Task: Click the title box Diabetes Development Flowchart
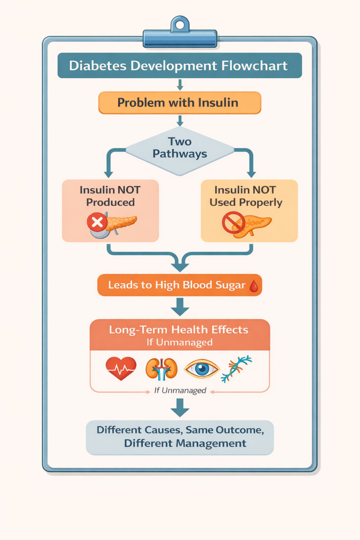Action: pyautogui.click(x=179, y=66)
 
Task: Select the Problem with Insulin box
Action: pyautogui.click(x=179, y=102)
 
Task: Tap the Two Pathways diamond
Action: pyautogui.click(x=180, y=148)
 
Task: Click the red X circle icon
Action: pyautogui.click(x=97, y=223)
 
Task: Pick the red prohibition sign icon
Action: pyautogui.click(x=233, y=223)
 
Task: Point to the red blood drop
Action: pyautogui.click(x=254, y=286)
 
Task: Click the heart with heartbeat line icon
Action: pyautogui.click(x=121, y=368)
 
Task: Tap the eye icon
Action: pyautogui.click(x=201, y=369)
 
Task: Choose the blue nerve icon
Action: pyautogui.click(x=236, y=369)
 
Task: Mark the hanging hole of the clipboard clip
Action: pyautogui.click(x=180, y=24)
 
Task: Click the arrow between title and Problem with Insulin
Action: pyautogui.click(x=180, y=84)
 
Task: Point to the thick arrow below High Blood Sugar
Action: pyautogui.click(x=180, y=306)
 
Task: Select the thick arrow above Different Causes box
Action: pyautogui.click(x=180, y=407)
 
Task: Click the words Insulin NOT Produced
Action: pyautogui.click(x=111, y=196)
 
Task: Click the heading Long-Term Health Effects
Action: pyautogui.click(x=179, y=330)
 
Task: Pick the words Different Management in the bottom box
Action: pyautogui.click(x=185, y=443)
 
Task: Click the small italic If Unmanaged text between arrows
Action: pyautogui.click(x=180, y=391)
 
